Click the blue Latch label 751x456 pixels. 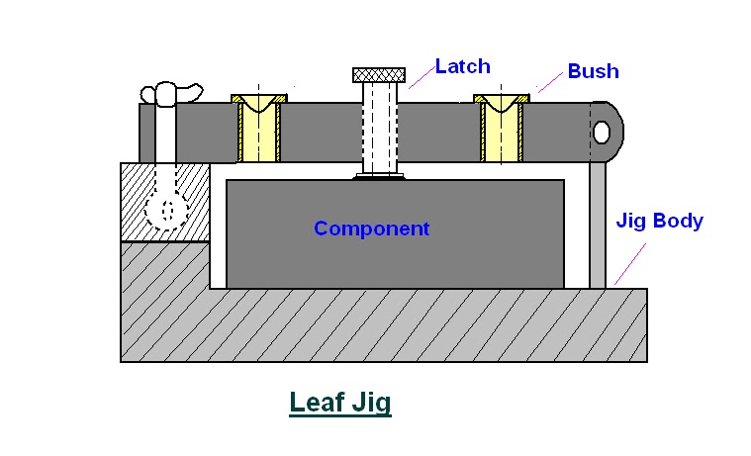pyautogui.click(x=462, y=67)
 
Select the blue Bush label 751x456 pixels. pyautogui.click(x=593, y=71)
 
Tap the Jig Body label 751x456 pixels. pyautogui.click(x=659, y=221)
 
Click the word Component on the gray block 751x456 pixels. pyautogui.click(x=371, y=228)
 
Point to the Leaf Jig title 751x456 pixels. pyautogui.click(x=339, y=404)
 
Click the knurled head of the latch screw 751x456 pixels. pyautogui.click(x=378, y=74)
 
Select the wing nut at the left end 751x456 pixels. pyautogui.click(x=170, y=94)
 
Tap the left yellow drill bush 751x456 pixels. pyautogui.click(x=259, y=129)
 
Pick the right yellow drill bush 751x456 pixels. pyautogui.click(x=502, y=129)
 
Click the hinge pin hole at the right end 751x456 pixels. pyautogui.click(x=602, y=132)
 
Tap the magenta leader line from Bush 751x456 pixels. pyautogui.click(x=550, y=84)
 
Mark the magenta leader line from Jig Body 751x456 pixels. pyautogui.click(x=630, y=260)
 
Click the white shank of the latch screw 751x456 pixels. pyautogui.click(x=378, y=129)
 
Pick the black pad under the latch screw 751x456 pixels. pyautogui.click(x=378, y=178)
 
